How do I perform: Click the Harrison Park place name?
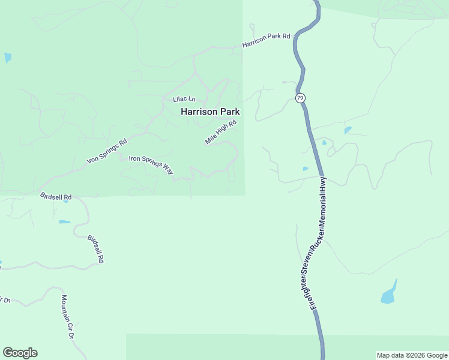click(210, 112)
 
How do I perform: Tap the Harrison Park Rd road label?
click(266, 41)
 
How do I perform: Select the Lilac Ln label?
click(184, 98)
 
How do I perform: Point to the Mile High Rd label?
click(221, 132)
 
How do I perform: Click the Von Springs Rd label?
click(107, 152)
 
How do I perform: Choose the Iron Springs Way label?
click(151, 165)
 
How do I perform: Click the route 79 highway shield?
click(300, 98)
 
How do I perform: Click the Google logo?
click(20, 353)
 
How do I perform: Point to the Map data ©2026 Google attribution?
click(412, 355)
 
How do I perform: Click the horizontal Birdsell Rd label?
click(56, 197)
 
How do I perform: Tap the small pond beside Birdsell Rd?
click(64, 222)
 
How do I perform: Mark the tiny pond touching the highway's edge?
click(306, 169)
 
